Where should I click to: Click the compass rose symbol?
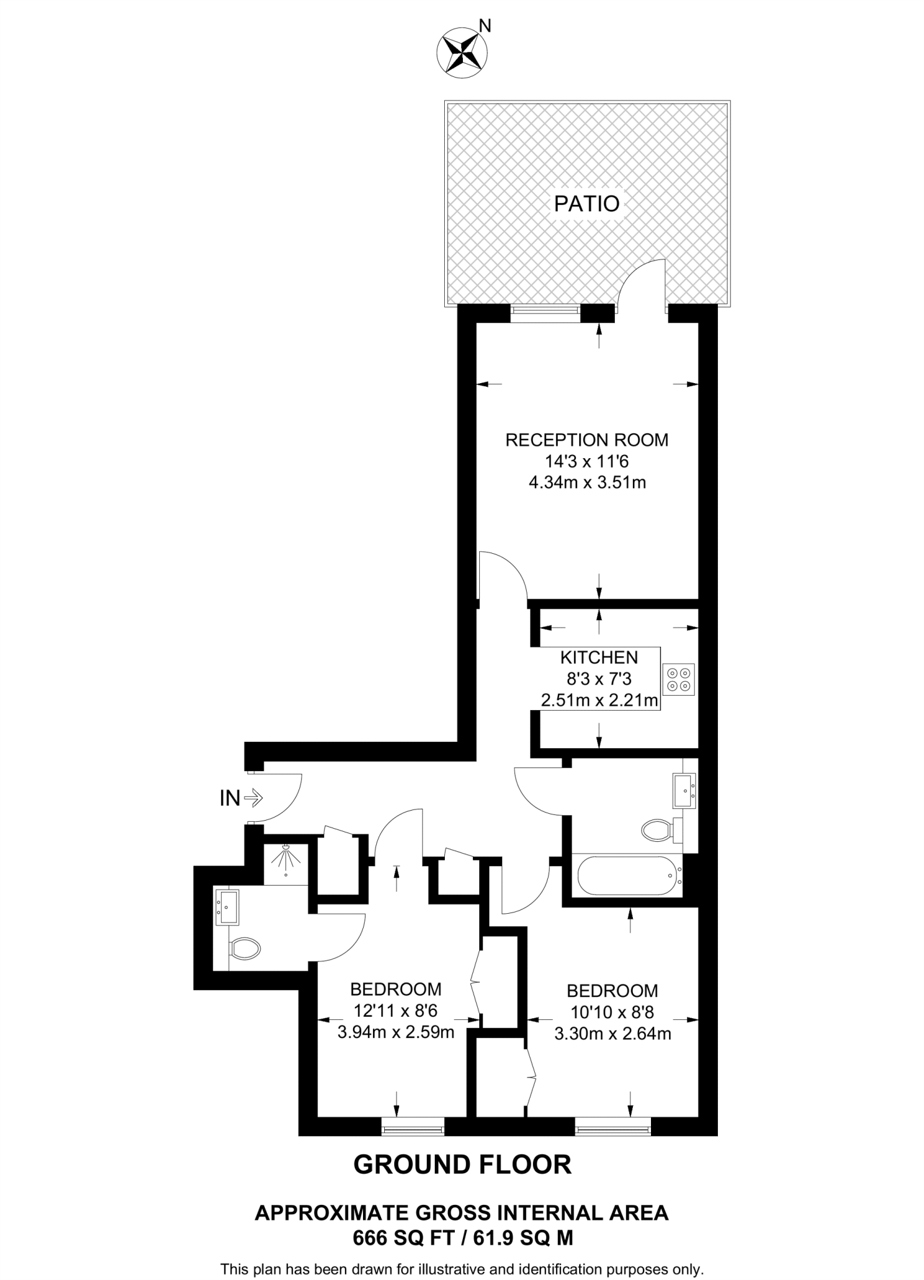point(462,52)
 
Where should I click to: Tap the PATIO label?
point(587,204)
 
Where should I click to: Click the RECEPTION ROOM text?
point(587,440)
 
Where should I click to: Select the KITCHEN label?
point(599,657)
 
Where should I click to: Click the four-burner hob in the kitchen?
point(678,679)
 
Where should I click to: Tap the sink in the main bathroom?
point(683,791)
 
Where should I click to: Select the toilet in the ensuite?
point(245,949)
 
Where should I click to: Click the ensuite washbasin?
point(227,907)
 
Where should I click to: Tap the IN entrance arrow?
point(253,798)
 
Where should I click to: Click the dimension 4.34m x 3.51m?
point(587,482)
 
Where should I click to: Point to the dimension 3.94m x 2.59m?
point(395,1032)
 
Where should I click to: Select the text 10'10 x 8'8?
point(612,1012)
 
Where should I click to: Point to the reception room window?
point(545,312)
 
